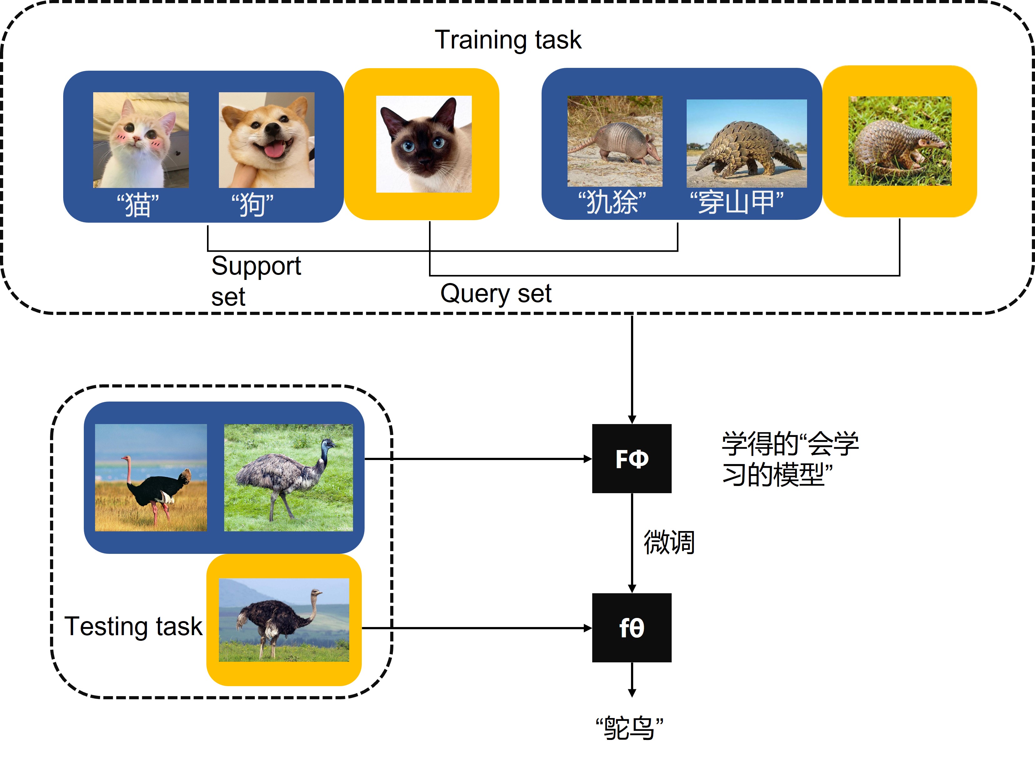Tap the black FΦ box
tap(631, 458)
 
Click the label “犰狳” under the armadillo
tap(612, 202)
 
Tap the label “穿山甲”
tap(736, 202)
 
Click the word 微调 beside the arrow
tap(669, 542)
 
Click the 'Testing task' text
tap(133, 626)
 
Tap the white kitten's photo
tap(141, 140)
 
